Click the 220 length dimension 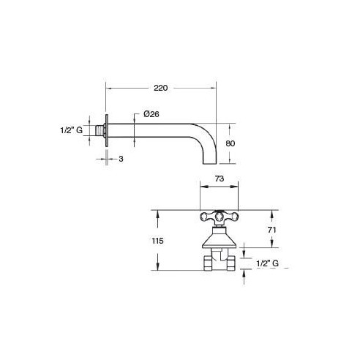click(161, 88)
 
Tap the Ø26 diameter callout click(151, 114)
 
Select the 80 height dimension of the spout click(230, 143)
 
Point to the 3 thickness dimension click(121, 159)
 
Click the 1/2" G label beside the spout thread click(72, 130)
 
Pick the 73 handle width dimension click(220, 179)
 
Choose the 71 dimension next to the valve click(271, 230)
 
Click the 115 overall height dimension click(157, 241)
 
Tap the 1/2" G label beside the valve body click(268, 263)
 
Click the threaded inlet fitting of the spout click(100, 130)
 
